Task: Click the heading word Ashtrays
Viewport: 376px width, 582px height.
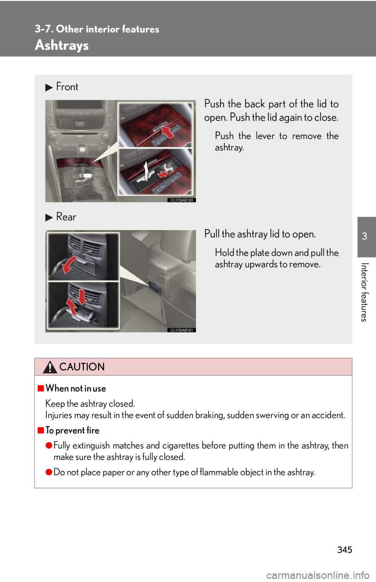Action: (x=62, y=45)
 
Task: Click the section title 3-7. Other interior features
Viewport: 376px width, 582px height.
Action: (x=97, y=29)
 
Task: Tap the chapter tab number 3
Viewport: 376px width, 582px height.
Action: (x=364, y=236)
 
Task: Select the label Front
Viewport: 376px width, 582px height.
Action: (x=67, y=87)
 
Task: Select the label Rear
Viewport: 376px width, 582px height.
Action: (x=66, y=217)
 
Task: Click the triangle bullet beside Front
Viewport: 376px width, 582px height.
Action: (x=49, y=87)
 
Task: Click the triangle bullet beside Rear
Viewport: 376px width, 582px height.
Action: (x=49, y=217)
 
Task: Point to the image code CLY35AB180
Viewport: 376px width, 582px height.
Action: (x=181, y=200)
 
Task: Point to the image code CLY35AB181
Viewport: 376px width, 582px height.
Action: (x=181, y=330)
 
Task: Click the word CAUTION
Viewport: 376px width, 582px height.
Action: (x=82, y=367)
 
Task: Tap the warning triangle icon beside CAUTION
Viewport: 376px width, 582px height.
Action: (x=50, y=367)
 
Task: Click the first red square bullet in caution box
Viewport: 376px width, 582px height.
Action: (x=41, y=389)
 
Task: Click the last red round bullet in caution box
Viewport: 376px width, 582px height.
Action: (x=49, y=472)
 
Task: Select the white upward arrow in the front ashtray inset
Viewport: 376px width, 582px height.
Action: (x=146, y=170)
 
